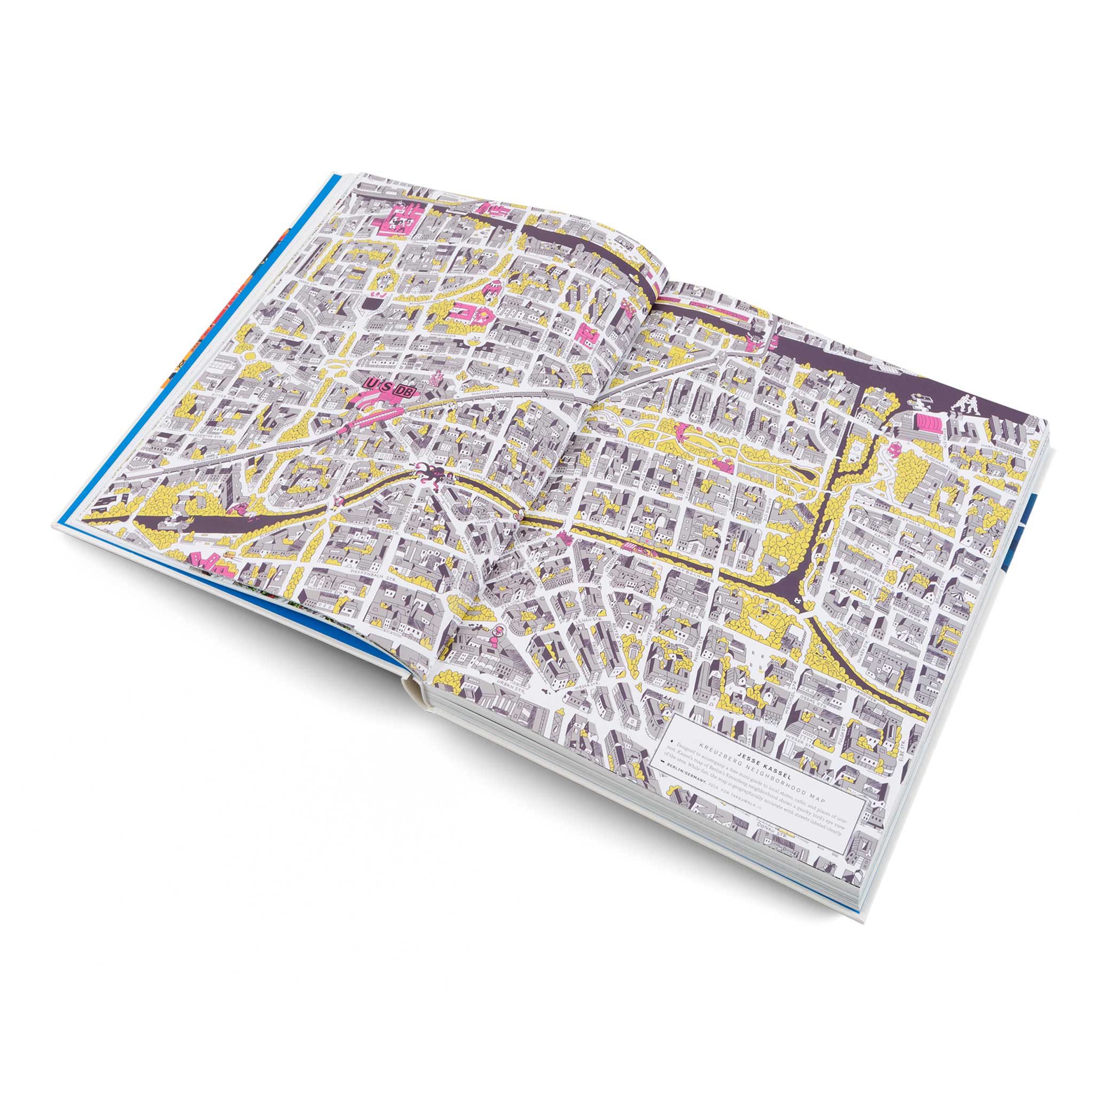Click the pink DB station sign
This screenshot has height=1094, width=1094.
(x=404, y=391)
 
